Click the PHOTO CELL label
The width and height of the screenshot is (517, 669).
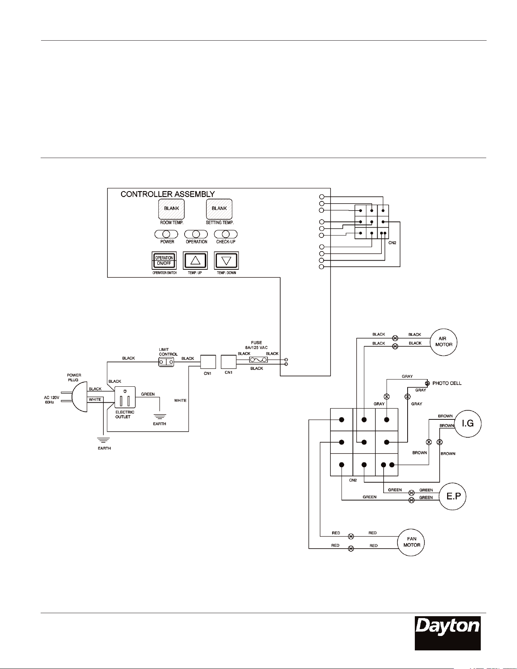click(447, 383)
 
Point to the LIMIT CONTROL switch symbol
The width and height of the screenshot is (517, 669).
click(166, 362)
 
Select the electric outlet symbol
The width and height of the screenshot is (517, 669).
click(125, 397)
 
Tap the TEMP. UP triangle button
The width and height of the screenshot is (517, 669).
click(195, 261)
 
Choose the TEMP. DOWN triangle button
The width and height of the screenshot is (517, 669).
click(226, 261)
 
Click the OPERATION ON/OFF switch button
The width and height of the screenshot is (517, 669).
click(164, 261)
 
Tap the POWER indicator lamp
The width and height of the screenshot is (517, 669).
click(166, 234)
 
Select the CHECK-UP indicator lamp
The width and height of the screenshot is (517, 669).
click(226, 234)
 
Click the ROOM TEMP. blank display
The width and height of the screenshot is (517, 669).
click(171, 209)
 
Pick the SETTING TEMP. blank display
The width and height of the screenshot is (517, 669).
click(219, 209)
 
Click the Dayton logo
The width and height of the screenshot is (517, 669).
click(447, 633)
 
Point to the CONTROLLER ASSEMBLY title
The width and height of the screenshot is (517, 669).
click(168, 194)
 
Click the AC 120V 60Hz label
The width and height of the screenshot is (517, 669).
click(49, 400)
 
